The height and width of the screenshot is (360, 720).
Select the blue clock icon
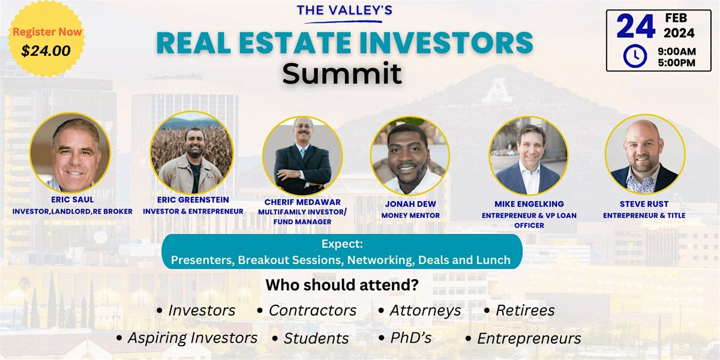click(x=635, y=56)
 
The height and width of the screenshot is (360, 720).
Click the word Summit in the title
click(x=343, y=73)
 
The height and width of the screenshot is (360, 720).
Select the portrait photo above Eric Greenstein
click(x=191, y=152)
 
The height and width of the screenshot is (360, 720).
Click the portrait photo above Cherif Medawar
click(x=303, y=155)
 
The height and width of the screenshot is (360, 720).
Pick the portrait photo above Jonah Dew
click(x=410, y=155)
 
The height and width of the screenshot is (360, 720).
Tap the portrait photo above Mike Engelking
click(x=529, y=155)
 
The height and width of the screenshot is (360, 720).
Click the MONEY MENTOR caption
click(x=410, y=214)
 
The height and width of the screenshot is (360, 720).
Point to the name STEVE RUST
click(x=644, y=204)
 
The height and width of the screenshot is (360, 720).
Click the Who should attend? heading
click(x=342, y=285)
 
